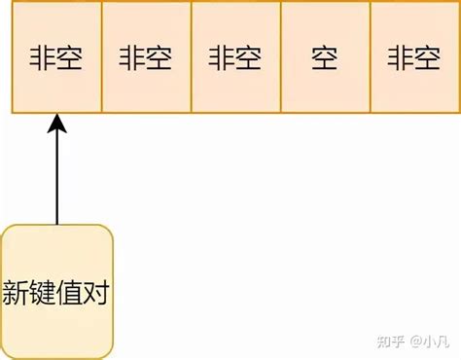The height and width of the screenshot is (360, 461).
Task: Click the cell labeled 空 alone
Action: tap(325, 59)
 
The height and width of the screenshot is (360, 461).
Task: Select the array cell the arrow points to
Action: tap(56, 59)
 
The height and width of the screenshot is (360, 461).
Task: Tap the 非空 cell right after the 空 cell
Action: tap(413, 59)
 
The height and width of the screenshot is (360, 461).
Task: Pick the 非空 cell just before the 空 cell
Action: tap(235, 59)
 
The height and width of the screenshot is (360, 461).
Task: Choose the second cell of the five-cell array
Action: tap(146, 59)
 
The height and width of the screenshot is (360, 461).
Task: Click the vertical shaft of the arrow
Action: tap(56, 175)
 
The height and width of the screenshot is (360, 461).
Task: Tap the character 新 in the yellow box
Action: tap(17, 292)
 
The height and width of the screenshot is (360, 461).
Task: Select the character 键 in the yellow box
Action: tap(44, 292)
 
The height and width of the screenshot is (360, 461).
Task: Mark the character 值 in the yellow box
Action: tap(71, 292)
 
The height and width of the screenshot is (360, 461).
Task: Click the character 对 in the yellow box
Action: tap(97, 292)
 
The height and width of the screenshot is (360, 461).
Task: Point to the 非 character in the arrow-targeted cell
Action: tap(43, 59)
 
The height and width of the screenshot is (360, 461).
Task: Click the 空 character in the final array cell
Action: tap(428, 59)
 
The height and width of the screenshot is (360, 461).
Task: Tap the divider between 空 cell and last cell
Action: tap(370, 59)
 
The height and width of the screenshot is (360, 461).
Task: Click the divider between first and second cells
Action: tap(101, 59)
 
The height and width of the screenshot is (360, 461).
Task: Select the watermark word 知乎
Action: tap(390, 342)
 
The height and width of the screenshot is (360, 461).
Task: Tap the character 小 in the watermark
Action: tap(429, 342)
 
